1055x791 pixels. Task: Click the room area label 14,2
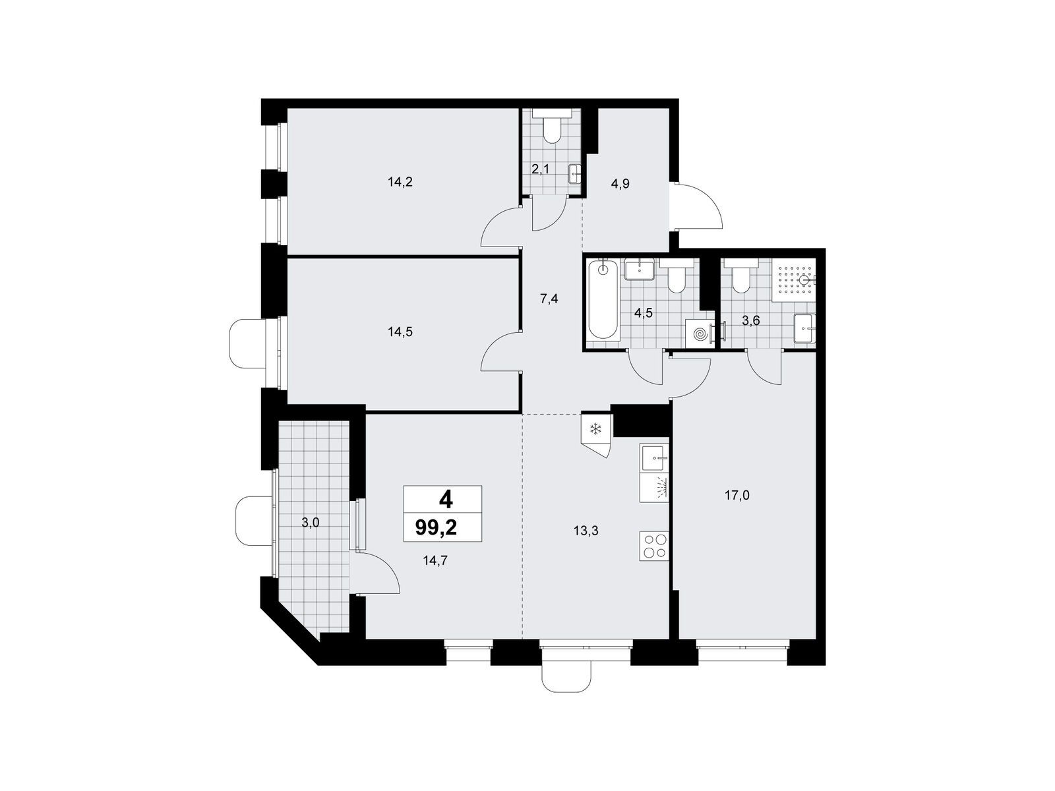[x=400, y=182]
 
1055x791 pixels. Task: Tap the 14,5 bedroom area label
[x=400, y=332]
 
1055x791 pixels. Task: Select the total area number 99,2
[x=436, y=528]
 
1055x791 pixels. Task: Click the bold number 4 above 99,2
[x=446, y=500]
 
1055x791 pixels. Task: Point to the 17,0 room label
[x=737, y=496]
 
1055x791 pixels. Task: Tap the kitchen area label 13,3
[x=586, y=531]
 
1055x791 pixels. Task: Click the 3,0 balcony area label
[x=311, y=523]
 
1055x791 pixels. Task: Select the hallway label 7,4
[x=549, y=299]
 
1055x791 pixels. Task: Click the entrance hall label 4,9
[x=620, y=184]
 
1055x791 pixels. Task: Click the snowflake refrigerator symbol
[x=595, y=428]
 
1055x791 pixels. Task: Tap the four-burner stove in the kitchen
[x=653, y=546]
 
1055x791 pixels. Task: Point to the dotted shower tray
[x=793, y=280]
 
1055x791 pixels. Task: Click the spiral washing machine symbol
[x=700, y=333]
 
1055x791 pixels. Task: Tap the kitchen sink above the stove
[x=653, y=457]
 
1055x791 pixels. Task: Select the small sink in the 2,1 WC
[x=575, y=174]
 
